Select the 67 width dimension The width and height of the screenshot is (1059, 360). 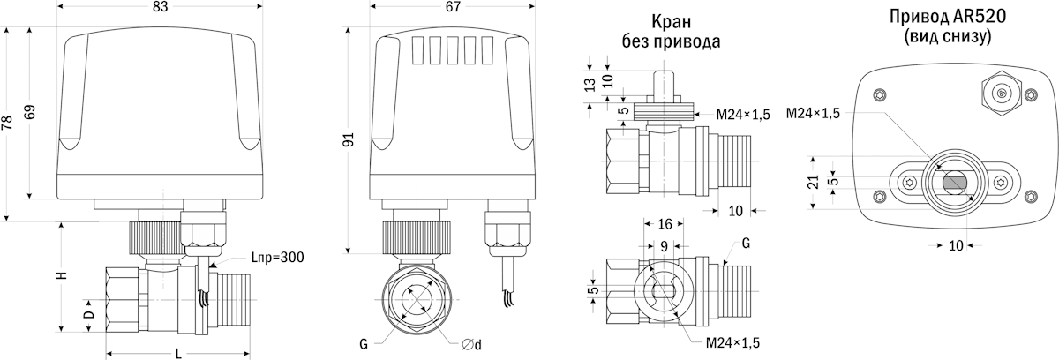453,8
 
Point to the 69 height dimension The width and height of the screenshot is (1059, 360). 33,113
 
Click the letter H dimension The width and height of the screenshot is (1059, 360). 62,275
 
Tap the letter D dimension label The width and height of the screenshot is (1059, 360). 88,315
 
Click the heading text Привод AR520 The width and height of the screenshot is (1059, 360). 948,18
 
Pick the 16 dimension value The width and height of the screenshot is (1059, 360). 665,224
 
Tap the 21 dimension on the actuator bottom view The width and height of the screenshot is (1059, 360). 814,181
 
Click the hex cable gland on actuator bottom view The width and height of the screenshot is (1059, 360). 1002,92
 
